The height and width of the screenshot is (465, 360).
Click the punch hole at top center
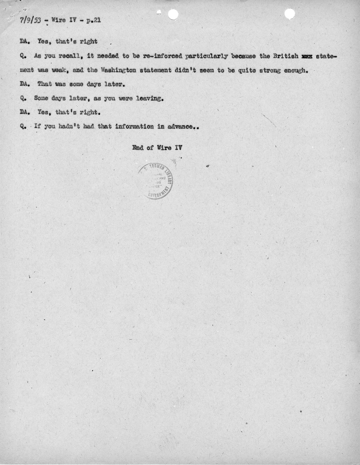coord(173,14)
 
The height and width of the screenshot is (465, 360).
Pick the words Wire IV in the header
coord(64,20)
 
